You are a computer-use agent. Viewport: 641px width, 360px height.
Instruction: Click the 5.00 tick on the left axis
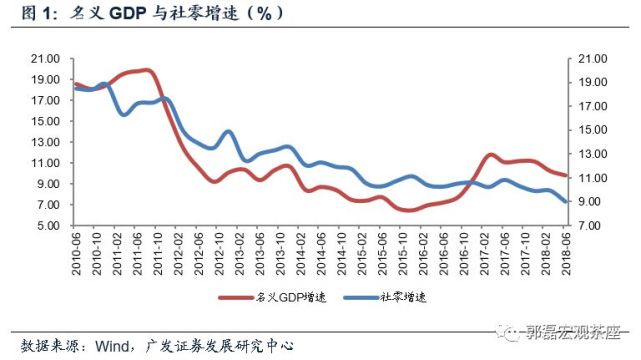coord(47,226)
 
